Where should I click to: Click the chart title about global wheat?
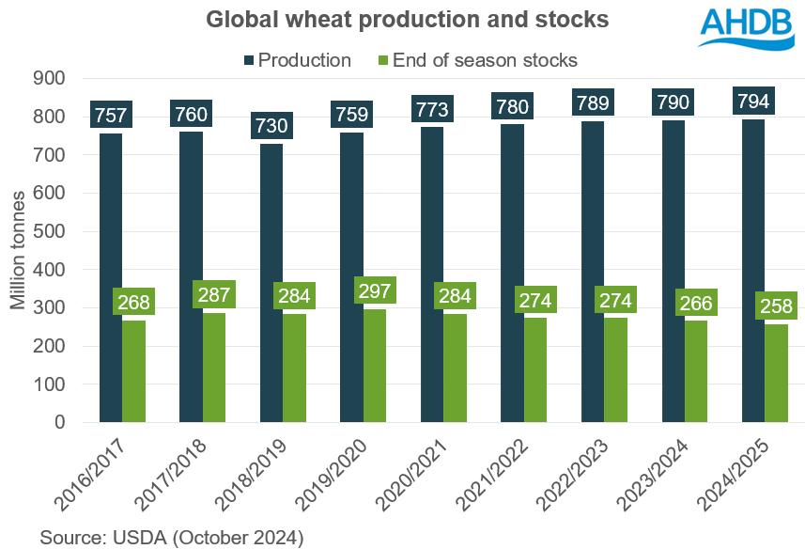pos(402,18)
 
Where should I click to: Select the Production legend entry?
pos(297,60)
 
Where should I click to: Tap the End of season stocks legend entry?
pos(482,60)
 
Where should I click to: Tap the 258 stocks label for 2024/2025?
pos(777,306)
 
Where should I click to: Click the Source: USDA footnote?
pos(171,537)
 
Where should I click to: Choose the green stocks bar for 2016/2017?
pos(134,371)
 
